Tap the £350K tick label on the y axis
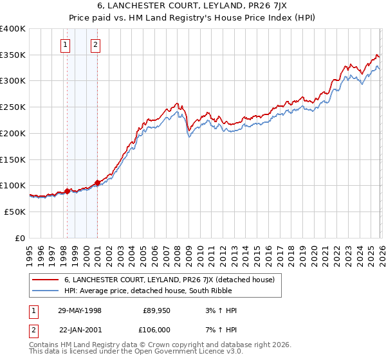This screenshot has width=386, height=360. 13,55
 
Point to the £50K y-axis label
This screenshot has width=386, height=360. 15,211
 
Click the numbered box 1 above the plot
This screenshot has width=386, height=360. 66,45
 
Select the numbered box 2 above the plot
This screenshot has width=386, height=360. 95,45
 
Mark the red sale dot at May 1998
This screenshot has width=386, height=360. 68,191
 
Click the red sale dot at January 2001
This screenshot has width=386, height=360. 97,183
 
